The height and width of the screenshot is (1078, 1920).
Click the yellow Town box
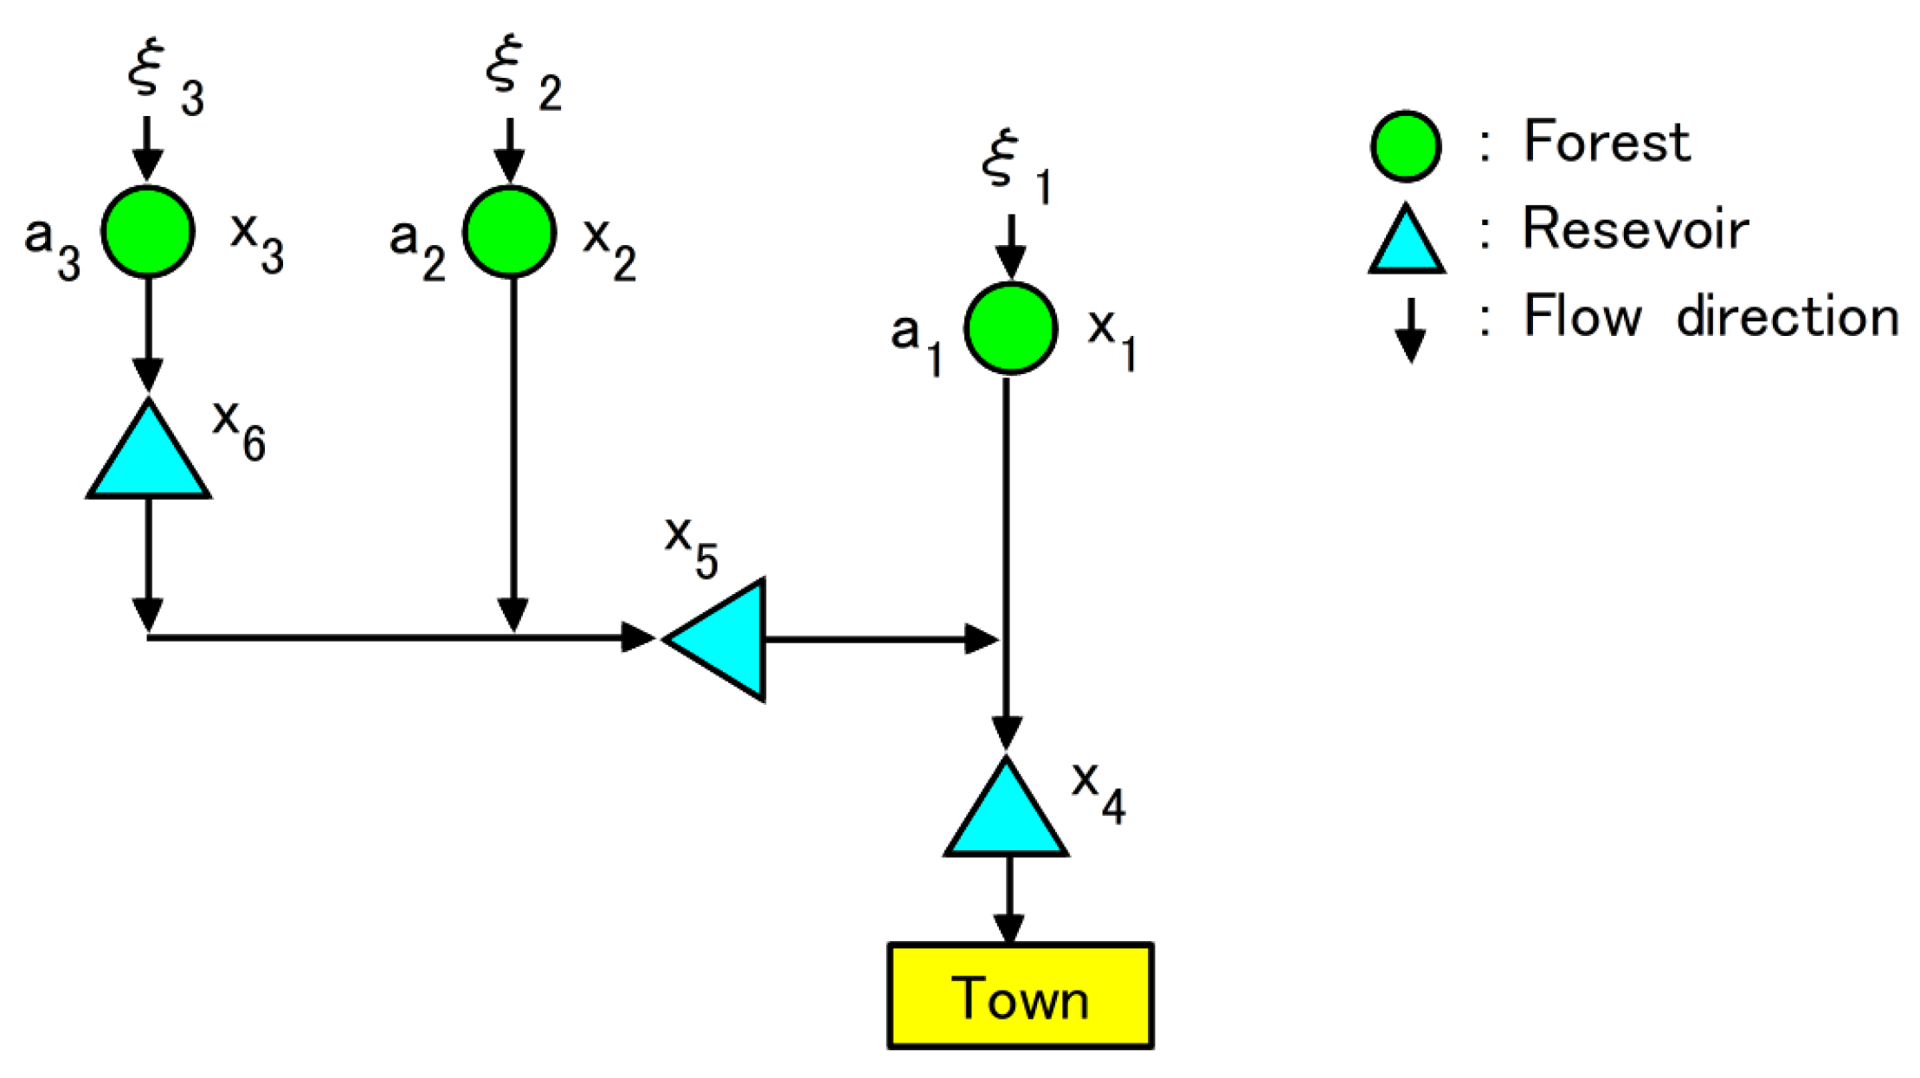(x=1020, y=996)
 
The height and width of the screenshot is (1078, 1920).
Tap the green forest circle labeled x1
(x=1010, y=328)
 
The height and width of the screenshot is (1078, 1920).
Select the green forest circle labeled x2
(x=509, y=231)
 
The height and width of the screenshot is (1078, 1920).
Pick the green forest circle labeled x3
(x=148, y=231)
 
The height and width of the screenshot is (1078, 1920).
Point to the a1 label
(x=916, y=342)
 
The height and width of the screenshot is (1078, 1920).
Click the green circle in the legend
(x=1406, y=146)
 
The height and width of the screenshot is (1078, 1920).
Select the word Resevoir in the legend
(x=1635, y=229)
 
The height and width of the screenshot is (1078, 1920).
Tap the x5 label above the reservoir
(x=691, y=545)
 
